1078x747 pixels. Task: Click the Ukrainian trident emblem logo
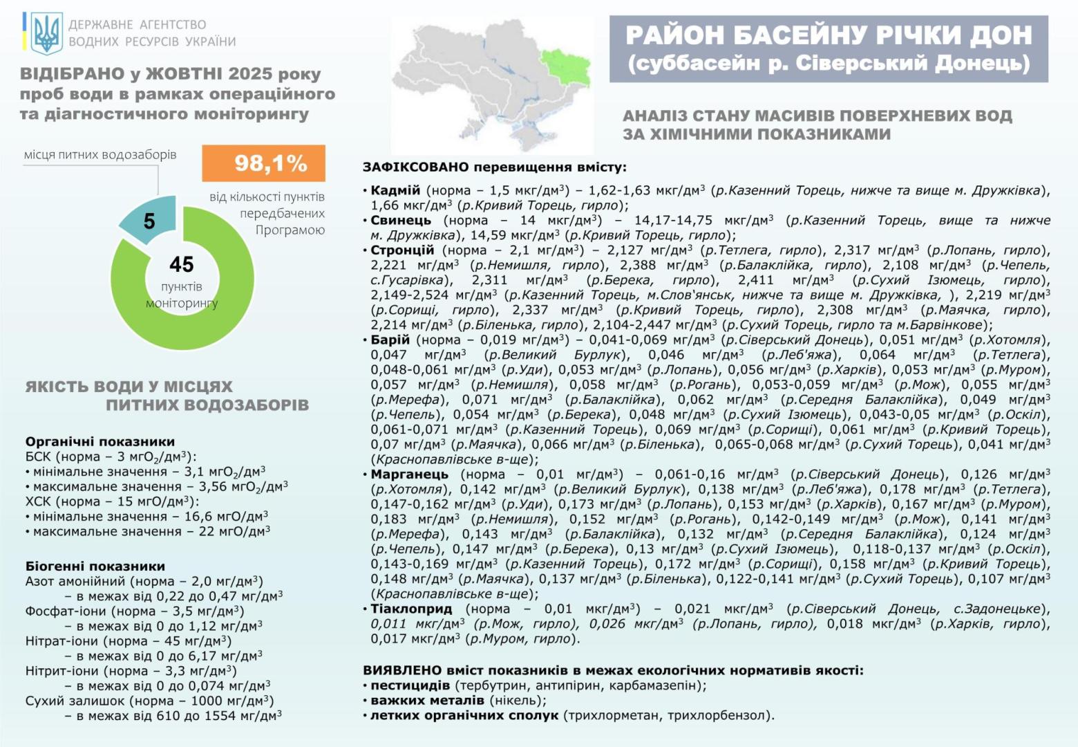[47, 33]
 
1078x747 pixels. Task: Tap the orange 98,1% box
[263, 163]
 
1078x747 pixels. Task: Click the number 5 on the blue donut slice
[149, 221]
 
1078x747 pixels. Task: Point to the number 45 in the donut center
[182, 264]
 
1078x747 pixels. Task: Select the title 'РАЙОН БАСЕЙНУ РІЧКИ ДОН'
[829, 35]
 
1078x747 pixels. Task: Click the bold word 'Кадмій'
[395, 190]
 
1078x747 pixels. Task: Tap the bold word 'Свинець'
[401, 220]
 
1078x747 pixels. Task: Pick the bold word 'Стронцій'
[402, 250]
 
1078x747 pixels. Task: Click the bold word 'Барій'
[390, 340]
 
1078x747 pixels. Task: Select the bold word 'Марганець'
[409, 474]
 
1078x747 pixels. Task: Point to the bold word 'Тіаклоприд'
[411, 609]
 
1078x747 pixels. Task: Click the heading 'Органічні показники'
[100, 441]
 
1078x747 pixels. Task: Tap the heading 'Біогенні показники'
[95, 566]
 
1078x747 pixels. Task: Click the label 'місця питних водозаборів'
[100, 154]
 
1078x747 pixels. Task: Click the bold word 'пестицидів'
[410, 685]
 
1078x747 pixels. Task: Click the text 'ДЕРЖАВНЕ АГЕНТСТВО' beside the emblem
[137, 25]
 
